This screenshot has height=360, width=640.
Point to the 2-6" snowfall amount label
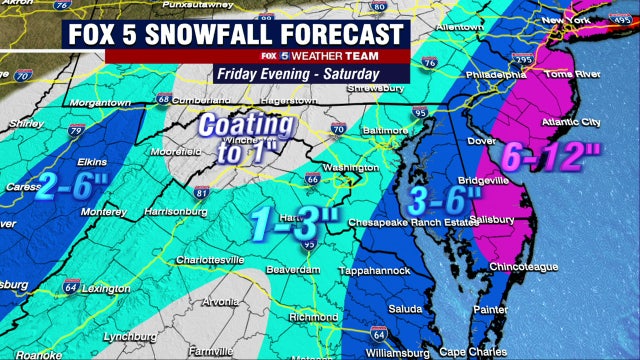[x=75, y=183]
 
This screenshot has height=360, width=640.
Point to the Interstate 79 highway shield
[x=78, y=128]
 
